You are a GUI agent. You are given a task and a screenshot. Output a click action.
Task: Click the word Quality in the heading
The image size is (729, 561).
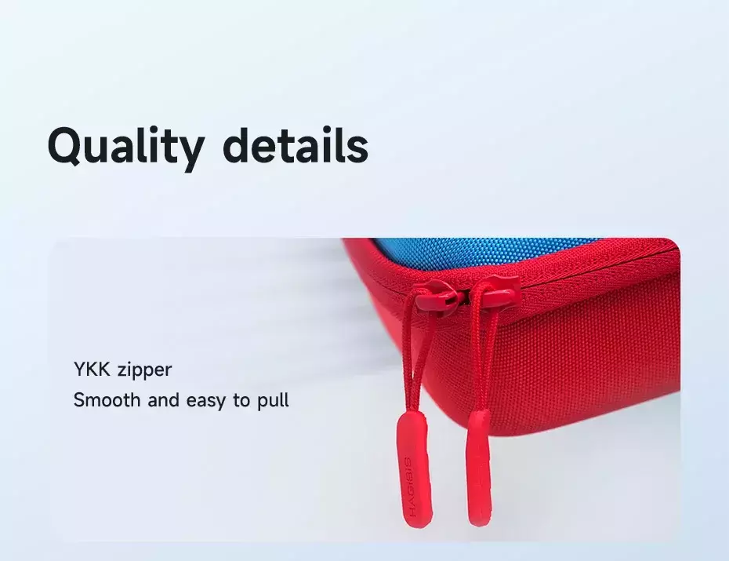[x=125, y=148]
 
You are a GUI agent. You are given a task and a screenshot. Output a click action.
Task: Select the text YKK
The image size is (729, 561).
[x=92, y=370]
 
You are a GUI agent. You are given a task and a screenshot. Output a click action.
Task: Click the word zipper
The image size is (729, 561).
[x=144, y=371]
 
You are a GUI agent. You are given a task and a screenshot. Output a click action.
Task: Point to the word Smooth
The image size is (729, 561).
[x=107, y=399]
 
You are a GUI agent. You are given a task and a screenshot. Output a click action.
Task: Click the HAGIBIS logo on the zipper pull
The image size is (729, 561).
[x=410, y=486]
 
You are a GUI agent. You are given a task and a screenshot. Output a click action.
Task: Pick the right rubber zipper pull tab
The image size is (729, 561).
[x=479, y=468]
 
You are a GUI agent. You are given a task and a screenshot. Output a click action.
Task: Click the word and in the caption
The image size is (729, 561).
[x=163, y=399]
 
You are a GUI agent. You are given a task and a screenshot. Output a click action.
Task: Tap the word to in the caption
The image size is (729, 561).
[x=241, y=400]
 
